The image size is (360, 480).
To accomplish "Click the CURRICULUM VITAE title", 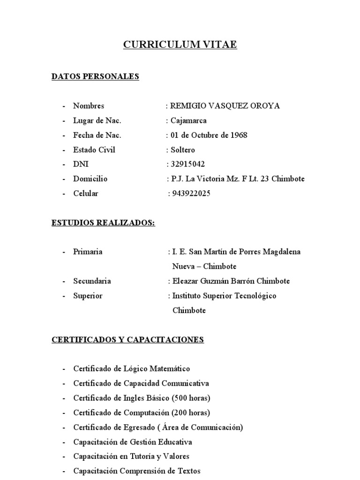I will (x=180, y=45).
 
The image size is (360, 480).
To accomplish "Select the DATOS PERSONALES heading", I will (x=95, y=76).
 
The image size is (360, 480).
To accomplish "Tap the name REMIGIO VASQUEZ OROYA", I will (x=225, y=106).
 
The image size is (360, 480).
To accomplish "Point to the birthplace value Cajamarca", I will (x=188, y=121).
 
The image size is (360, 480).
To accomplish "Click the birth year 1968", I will (x=239, y=135).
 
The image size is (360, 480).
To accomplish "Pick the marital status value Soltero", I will (x=183, y=150).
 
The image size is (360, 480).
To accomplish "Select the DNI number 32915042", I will (x=187, y=165).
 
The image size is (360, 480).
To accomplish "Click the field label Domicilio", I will (x=90, y=179).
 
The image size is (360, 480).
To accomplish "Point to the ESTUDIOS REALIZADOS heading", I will (x=103, y=223).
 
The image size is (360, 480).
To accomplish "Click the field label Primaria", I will (x=88, y=252).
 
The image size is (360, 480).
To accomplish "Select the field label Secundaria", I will (x=92, y=281).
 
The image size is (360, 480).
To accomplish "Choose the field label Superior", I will (x=88, y=296).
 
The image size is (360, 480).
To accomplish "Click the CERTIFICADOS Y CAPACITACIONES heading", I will (x=127, y=339).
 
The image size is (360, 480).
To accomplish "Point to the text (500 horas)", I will (x=191, y=398).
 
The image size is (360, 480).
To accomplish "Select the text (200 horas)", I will (x=191, y=413).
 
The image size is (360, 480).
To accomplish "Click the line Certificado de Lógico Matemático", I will (x=132, y=369).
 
